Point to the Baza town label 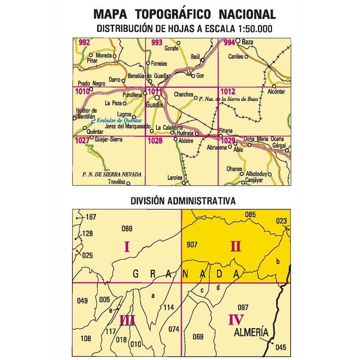pos(248,41)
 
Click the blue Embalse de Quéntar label pos(119,120)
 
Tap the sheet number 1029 pos(227,140)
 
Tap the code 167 pos(91,218)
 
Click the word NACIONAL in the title pos(248,15)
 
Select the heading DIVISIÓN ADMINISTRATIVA pos(182,200)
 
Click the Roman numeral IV pos(236,320)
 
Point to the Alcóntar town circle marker pos(274,86)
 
